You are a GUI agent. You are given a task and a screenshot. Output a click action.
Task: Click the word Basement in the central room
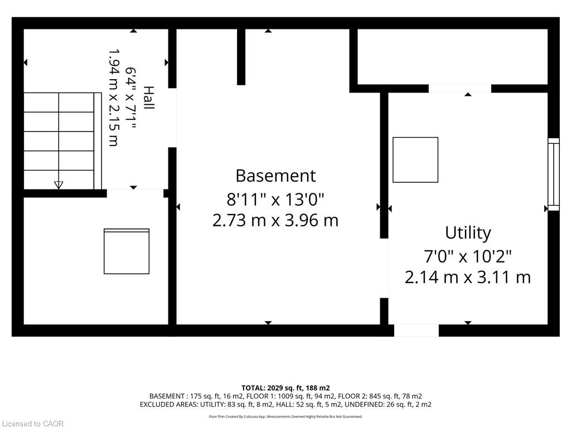coord(275,176)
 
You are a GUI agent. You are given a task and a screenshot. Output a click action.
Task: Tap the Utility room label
coord(468,233)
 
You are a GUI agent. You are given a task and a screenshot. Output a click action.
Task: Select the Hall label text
coord(148,98)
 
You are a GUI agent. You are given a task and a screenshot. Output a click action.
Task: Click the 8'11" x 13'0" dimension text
coord(275,200)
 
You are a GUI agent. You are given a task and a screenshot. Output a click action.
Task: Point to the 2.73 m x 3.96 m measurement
coord(275,220)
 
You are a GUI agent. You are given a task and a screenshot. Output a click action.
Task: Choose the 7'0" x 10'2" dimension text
coord(468,256)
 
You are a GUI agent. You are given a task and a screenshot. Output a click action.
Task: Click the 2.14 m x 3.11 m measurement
coord(468,278)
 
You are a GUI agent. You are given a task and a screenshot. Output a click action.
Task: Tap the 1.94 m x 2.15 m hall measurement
coord(114,98)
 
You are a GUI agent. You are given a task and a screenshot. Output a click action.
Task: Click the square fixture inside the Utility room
coord(415,160)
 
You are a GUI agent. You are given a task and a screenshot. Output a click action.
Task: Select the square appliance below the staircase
coord(127,251)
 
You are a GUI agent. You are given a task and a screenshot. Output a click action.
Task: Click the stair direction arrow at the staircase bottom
coord(58,185)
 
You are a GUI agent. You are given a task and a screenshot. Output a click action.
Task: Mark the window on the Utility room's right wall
coord(554,174)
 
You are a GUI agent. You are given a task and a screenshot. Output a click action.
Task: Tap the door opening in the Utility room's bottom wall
coord(416,330)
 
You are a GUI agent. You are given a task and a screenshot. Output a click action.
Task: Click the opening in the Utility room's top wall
coord(459,89)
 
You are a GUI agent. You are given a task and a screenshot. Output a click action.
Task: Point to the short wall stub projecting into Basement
coord(241,57)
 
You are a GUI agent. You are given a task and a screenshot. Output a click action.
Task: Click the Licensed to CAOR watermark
coord(33,424)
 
